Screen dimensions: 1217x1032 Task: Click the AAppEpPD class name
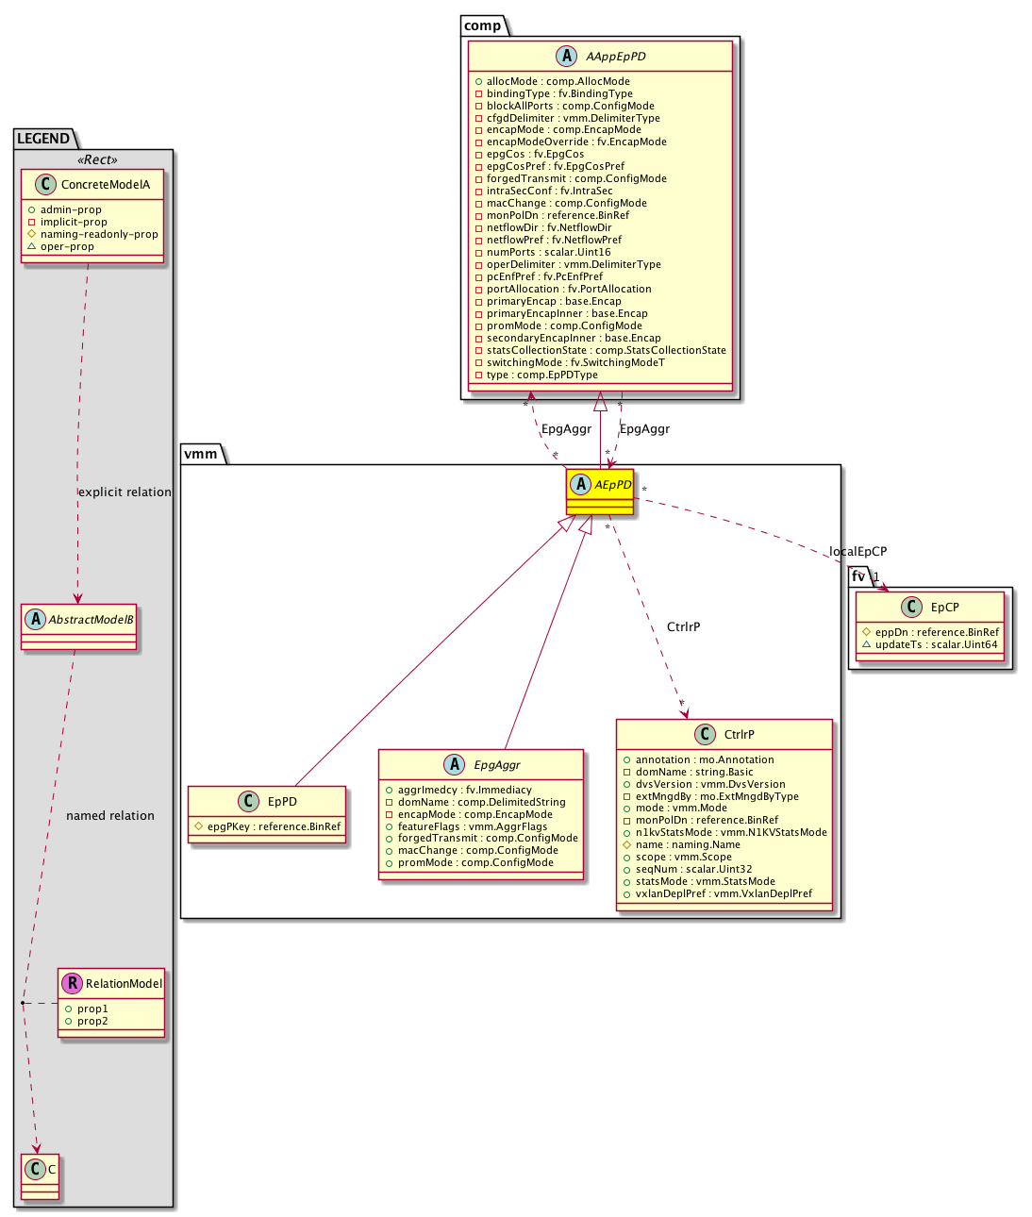pos(615,57)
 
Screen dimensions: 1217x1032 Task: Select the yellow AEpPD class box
pos(600,492)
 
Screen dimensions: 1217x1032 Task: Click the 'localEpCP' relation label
pos(857,552)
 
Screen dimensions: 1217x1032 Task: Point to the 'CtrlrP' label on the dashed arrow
pos(683,627)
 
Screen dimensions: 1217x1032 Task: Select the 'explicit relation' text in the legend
pos(125,492)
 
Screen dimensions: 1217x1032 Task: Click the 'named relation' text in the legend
pos(110,816)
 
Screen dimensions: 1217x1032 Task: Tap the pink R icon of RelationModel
pos(73,983)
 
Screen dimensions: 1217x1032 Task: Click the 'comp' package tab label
pos(483,26)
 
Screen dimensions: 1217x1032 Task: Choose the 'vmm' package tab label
pos(200,455)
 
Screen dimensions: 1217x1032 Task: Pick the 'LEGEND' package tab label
pos(43,139)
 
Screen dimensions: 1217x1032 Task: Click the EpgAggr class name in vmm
pos(497,765)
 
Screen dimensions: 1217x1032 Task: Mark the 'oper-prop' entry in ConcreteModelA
pos(67,247)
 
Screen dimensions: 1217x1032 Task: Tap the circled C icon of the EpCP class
pos(912,607)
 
